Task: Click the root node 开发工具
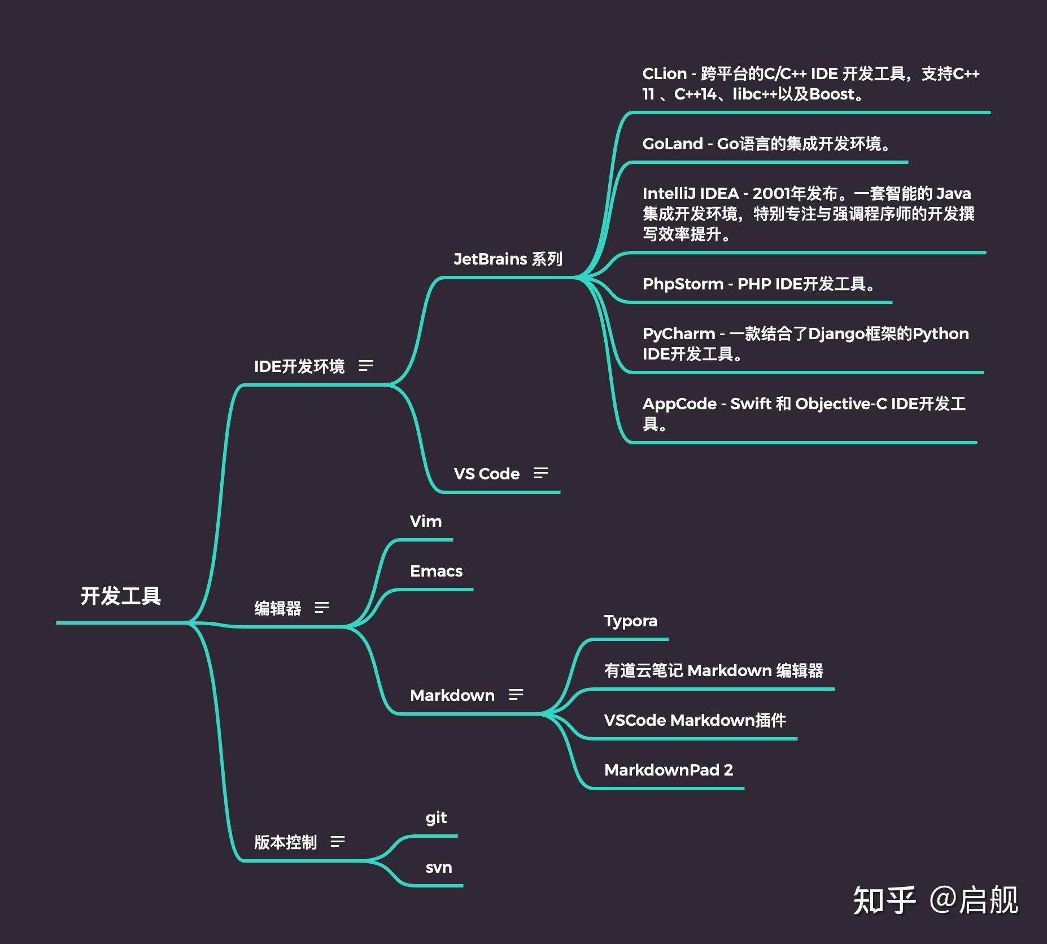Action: click(121, 596)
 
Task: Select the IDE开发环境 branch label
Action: click(299, 366)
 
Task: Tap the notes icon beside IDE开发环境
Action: click(366, 366)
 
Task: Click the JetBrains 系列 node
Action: click(508, 259)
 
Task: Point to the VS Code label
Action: click(486, 474)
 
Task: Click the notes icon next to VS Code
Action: click(541, 473)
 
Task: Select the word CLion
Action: click(664, 74)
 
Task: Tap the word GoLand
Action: click(672, 144)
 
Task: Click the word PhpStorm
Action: click(683, 284)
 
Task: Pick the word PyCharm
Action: click(678, 334)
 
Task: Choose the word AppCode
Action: click(679, 404)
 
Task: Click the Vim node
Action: click(426, 521)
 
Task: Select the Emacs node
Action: click(436, 571)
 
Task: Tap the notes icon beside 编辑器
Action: click(322, 608)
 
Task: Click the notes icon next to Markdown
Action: click(516, 695)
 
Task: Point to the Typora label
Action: click(630, 621)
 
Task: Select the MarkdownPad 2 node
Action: click(668, 770)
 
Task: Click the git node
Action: click(436, 818)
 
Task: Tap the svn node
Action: click(438, 868)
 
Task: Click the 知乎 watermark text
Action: click(884, 900)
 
